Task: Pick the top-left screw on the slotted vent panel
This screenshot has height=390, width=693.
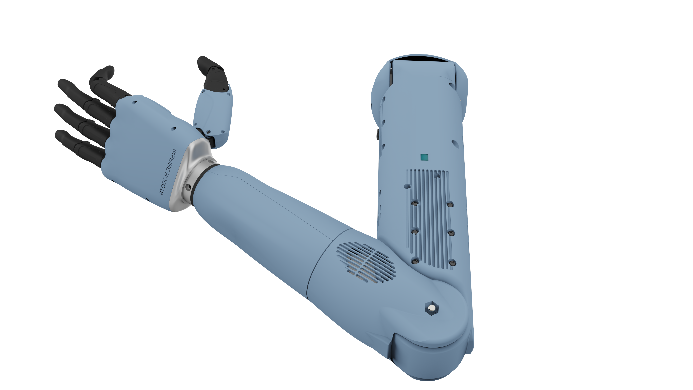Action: click(x=415, y=203)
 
